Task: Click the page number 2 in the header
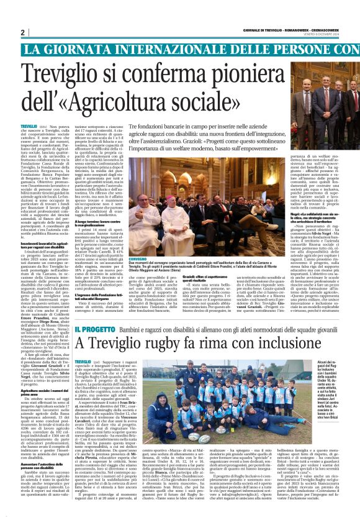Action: (x=22, y=32)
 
